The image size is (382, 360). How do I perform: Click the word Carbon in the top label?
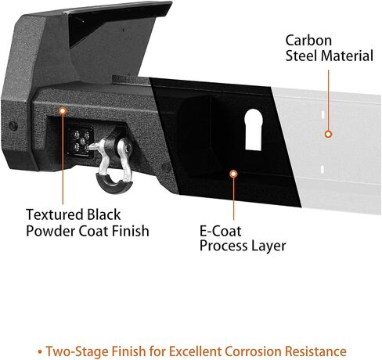pyautogui.click(x=308, y=41)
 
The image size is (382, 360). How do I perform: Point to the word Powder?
pyautogui.click(x=51, y=231)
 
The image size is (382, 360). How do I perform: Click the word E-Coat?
pyautogui.click(x=221, y=231)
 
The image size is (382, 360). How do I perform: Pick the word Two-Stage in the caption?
pyautogui.click(x=77, y=351)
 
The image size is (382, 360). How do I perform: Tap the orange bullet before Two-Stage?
pyautogui.click(x=40, y=352)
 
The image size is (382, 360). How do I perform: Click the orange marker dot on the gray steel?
pyautogui.click(x=328, y=134)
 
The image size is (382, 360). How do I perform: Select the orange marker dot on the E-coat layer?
pyautogui.click(x=233, y=174)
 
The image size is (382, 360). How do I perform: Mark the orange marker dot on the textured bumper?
pyautogui.click(x=63, y=111)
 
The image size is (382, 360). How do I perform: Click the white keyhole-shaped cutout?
pyautogui.click(x=254, y=130)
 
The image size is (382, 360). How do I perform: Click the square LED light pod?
pyautogui.click(x=81, y=142)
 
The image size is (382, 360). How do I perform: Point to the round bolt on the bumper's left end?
pyautogui.click(x=13, y=126)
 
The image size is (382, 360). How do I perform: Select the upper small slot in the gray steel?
pyautogui.click(x=323, y=114)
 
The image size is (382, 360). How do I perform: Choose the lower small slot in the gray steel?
pyautogui.click(x=322, y=169)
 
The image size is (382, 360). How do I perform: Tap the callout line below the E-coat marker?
pyautogui.click(x=233, y=199)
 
